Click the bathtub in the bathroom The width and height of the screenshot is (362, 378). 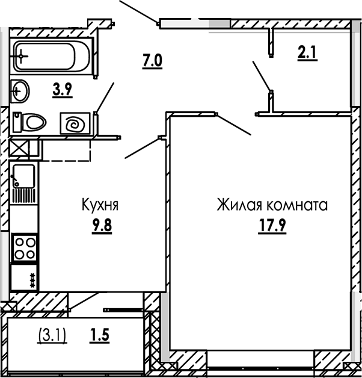point(51,58)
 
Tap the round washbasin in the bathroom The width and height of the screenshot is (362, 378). point(20,91)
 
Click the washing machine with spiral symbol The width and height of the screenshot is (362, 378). point(75,125)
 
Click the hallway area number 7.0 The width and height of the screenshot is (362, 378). point(153,60)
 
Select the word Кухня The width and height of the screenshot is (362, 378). point(100,205)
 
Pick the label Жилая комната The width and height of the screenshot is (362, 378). point(272,206)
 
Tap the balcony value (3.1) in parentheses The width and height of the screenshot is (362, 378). point(52,332)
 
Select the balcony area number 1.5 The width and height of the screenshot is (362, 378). point(100,332)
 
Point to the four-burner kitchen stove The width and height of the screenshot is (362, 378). point(25,247)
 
